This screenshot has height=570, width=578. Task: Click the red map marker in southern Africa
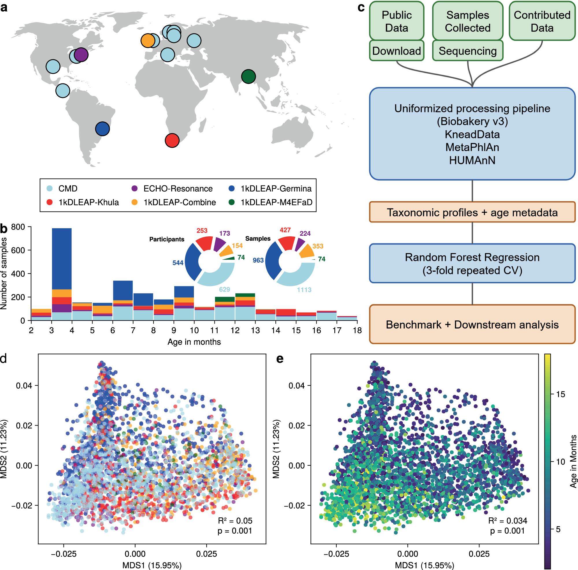[x=172, y=140]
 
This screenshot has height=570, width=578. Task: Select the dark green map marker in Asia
[x=248, y=77]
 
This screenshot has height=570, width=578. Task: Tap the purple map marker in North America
[x=81, y=55]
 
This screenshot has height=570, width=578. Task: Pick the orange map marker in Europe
[x=147, y=40]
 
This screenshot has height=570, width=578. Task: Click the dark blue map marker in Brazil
[x=102, y=129]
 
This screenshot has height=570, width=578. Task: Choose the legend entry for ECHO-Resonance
[x=178, y=189]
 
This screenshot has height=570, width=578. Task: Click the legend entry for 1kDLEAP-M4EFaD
[x=276, y=203]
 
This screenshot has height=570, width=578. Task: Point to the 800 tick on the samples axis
[x=18, y=227]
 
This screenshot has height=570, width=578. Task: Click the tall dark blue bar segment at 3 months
[x=62, y=259]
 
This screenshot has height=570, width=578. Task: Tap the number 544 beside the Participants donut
[x=178, y=263]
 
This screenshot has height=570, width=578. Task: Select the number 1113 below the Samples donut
[x=304, y=290]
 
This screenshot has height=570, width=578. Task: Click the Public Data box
[x=397, y=21]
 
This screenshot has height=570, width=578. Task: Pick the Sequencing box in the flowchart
[x=467, y=51]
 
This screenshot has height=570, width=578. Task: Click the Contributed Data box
[x=542, y=21]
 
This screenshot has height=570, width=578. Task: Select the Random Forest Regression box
[x=472, y=263]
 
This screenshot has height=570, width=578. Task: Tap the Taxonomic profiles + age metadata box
[x=472, y=212]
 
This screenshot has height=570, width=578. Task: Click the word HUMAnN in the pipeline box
[x=472, y=161]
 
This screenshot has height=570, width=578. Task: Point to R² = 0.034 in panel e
[x=508, y=521]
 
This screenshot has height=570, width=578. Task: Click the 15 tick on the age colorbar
[x=560, y=394]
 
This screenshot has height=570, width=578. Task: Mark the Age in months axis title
[x=194, y=342]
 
